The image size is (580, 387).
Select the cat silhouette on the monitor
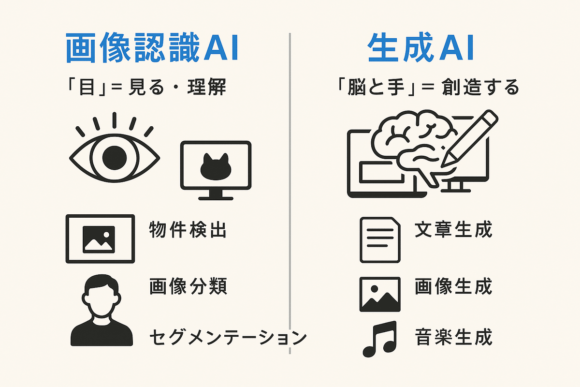(216, 167)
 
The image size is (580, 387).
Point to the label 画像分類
(188, 287)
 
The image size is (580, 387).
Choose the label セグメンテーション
(228, 337)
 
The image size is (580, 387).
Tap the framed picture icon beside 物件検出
(100, 238)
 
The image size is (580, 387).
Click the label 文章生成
(453, 230)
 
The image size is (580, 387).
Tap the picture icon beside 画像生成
(380, 294)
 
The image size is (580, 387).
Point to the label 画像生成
(453, 287)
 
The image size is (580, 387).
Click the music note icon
(379, 339)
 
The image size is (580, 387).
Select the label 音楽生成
(453, 337)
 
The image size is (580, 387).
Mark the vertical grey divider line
(290, 193)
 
